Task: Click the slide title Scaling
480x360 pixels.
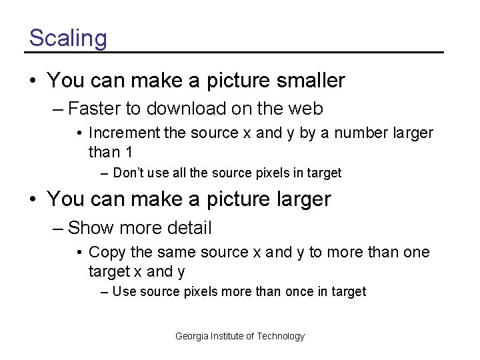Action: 67,38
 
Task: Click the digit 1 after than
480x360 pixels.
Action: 129,152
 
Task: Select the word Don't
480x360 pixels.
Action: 129,173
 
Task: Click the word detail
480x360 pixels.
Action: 190,228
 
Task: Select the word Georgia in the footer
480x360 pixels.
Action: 191,336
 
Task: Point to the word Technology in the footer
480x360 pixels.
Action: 281,336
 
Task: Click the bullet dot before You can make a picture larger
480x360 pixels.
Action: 33,199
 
